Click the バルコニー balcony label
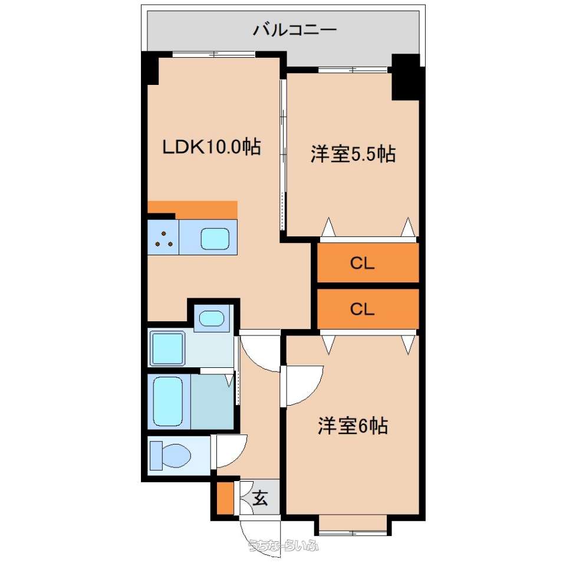(x=295, y=29)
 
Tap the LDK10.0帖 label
(x=212, y=147)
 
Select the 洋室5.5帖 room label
(x=353, y=154)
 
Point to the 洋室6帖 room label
(x=353, y=426)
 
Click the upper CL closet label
(x=362, y=264)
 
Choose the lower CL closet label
(x=362, y=310)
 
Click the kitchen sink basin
(x=215, y=239)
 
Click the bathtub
(x=168, y=402)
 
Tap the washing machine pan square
(x=167, y=348)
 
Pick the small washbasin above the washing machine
(x=212, y=318)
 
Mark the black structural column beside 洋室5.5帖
(x=406, y=77)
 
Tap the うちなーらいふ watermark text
(x=284, y=545)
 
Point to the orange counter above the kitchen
(x=192, y=210)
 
